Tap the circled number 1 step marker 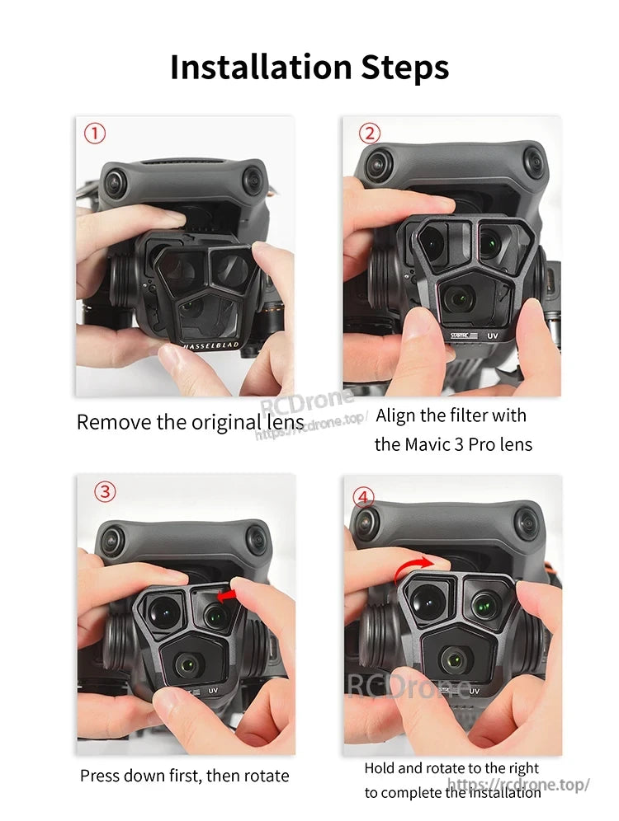[x=95, y=133]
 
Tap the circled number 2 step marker [x=370, y=133]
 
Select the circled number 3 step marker [x=104, y=492]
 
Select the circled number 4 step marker [x=363, y=496]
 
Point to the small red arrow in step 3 [x=229, y=593]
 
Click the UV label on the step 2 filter [x=492, y=336]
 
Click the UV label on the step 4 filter [x=475, y=692]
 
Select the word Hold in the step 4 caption [x=380, y=768]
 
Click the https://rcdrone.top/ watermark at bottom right [x=518, y=785]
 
